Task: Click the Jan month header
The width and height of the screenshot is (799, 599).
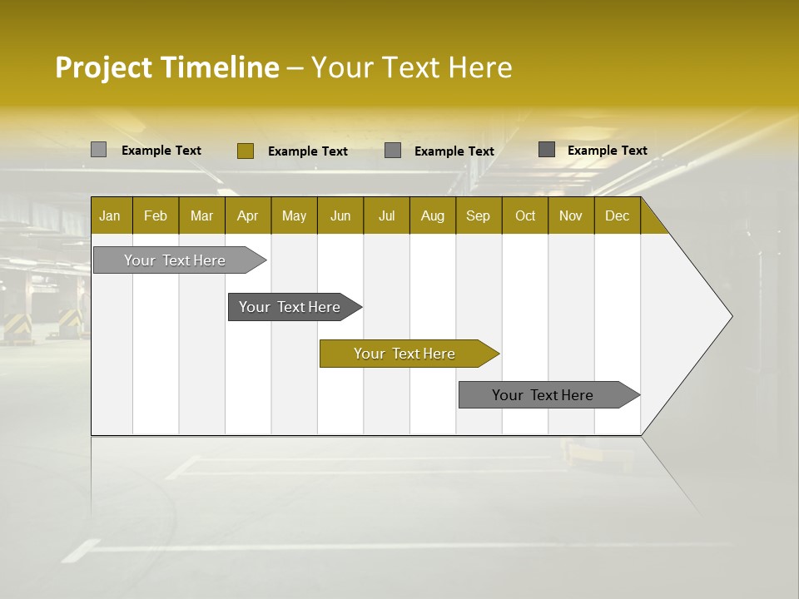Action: [111, 215]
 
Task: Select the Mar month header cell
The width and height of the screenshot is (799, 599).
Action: [201, 215]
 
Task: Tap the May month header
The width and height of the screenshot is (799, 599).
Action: [294, 215]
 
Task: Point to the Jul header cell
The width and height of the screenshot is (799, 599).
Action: [386, 215]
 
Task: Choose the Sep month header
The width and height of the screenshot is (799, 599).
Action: [479, 215]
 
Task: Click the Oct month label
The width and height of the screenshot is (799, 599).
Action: [525, 215]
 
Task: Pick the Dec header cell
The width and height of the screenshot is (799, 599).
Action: [617, 215]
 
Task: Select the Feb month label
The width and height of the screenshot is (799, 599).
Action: [156, 215]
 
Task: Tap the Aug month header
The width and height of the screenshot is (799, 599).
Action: [432, 215]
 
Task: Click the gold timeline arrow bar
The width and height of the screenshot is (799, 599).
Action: [408, 354]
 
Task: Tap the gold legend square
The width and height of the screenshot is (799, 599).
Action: [245, 151]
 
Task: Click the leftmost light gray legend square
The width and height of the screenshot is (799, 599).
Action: [98, 150]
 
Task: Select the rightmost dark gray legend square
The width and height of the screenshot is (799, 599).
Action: [546, 150]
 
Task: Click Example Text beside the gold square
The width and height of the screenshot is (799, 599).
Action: [308, 151]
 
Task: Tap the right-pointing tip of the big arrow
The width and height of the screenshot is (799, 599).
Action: [729, 316]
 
